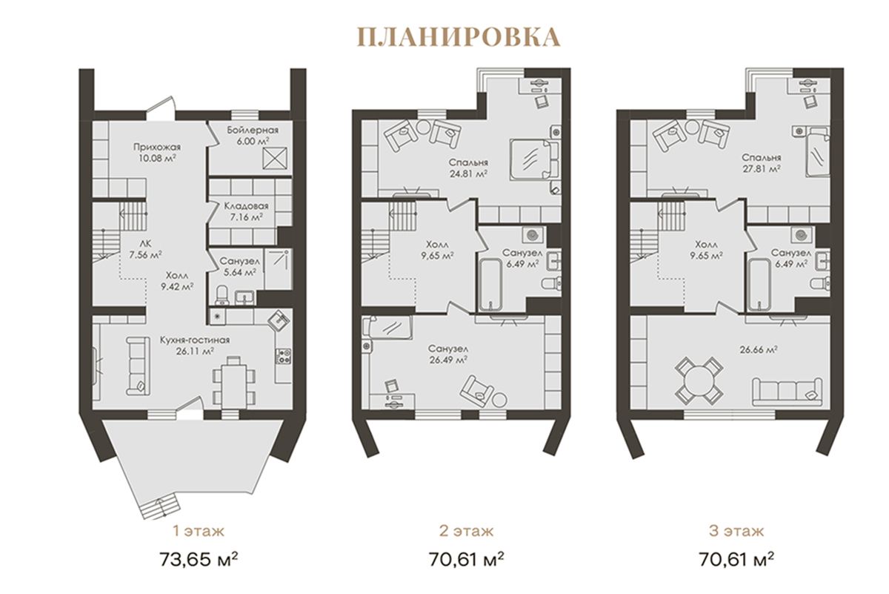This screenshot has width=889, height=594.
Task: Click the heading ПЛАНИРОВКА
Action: point(459,38)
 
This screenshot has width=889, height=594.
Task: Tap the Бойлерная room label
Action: point(253,131)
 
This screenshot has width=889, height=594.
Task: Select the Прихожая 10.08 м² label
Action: point(157,152)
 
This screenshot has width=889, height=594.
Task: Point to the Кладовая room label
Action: point(246,206)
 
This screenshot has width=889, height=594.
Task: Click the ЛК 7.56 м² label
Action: point(146,249)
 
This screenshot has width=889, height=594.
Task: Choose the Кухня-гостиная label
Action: point(195,340)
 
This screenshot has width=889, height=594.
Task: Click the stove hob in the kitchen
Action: point(284,356)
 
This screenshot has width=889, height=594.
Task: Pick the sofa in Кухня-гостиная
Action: point(139,366)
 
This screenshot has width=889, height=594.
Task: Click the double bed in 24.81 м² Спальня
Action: point(534,159)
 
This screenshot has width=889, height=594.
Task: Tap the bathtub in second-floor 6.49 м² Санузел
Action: point(490,285)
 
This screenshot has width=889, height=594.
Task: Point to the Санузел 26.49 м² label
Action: point(447,354)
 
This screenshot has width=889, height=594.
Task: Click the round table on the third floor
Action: point(699,380)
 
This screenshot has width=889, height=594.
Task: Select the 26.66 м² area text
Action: point(759,350)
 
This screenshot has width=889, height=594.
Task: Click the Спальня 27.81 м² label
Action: point(762,163)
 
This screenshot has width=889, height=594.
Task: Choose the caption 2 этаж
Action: point(466,531)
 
